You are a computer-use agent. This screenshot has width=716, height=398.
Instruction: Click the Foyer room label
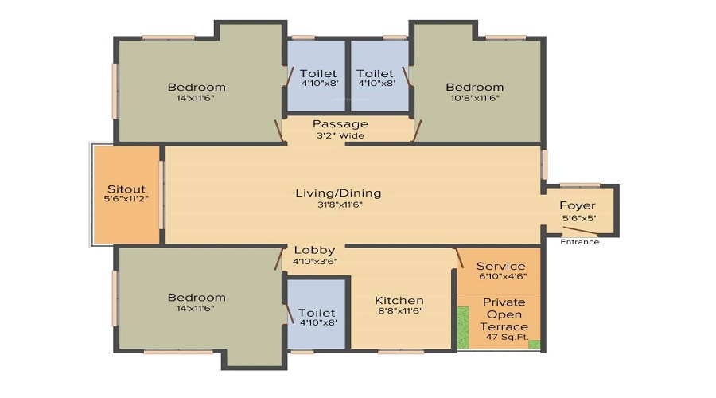pyautogui.click(x=578, y=205)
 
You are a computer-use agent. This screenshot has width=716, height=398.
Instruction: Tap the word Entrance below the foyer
pyautogui.click(x=579, y=242)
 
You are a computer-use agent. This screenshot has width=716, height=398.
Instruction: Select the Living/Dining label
pyautogui.click(x=338, y=193)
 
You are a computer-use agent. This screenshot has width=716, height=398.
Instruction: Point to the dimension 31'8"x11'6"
pyautogui.click(x=340, y=205)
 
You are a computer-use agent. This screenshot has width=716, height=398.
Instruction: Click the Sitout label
pyautogui.click(x=126, y=189)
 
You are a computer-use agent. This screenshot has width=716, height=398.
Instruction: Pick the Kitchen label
pyautogui.click(x=399, y=301)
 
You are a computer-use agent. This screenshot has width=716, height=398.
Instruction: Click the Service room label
pyautogui.click(x=501, y=266)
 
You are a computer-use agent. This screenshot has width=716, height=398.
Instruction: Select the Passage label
pyautogui.click(x=340, y=124)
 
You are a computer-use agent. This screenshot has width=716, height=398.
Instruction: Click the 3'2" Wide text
pyautogui.click(x=340, y=135)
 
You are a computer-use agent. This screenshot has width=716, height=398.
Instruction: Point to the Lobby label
pyautogui.click(x=314, y=250)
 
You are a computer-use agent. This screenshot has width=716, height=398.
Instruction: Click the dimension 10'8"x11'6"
pyautogui.click(x=475, y=98)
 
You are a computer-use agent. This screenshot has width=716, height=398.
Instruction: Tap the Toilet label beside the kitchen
pyautogui.click(x=317, y=313)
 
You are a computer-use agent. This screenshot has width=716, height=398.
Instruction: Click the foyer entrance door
pyautogui.click(x=580, y=231)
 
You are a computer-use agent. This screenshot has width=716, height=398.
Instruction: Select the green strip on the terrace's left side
pyautogui.click(x=464, y=328)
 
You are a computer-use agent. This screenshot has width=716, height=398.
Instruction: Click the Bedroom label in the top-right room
pyautogui.click(x=475, y=87)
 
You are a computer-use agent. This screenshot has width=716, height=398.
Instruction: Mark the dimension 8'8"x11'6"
pyautogui.click(x=400, y=310)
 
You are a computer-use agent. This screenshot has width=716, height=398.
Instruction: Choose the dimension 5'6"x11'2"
pyautogui.click(x=126, y=199)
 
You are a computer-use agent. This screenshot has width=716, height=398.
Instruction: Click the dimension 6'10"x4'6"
pyautogui.click(x=503, y=276)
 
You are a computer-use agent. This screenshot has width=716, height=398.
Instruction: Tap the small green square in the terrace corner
pyautogui.click(x=535, y=345)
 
